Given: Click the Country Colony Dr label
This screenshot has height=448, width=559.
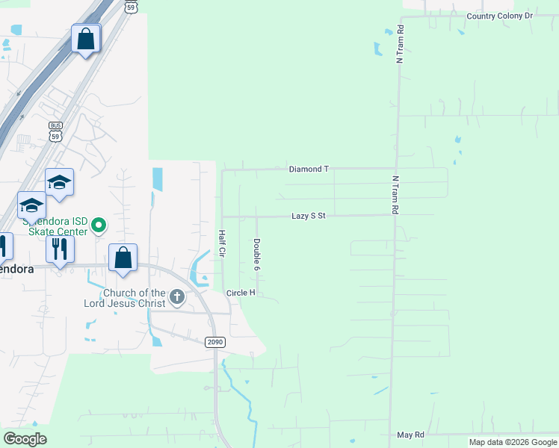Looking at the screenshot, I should click(x=499, y=16).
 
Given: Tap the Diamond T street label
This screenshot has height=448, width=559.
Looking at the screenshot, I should click(x=309, y=169).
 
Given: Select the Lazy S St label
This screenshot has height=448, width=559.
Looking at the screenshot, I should click(x=309, y=216).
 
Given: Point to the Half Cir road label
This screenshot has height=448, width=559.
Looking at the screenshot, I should click(x=222, y=243).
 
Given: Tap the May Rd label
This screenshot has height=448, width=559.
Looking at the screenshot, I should click(x=410, y=435).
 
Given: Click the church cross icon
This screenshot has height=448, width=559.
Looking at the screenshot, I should click(x=177, y=298).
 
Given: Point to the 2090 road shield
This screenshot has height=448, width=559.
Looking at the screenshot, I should click(x=215, y=342).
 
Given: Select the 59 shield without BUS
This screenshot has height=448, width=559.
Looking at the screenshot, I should click(x=131, y=6).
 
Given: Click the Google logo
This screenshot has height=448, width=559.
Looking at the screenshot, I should click(x=25, y=439).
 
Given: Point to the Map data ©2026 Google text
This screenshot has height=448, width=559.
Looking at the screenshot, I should click(x=513, y=442).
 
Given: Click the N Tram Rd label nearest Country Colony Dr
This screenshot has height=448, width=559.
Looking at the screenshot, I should click(x=401, y=44).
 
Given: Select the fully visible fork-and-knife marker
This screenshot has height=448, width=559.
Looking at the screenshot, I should click(x=60, y=248).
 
